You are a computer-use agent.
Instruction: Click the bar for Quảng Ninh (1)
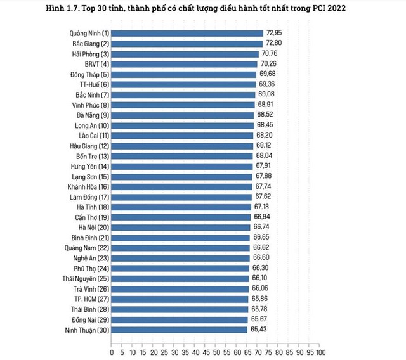(187, 33)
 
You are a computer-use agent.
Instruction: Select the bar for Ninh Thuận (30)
(180, 330)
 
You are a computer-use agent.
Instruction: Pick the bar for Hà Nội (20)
(181, 227)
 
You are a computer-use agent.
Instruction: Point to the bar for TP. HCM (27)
(180, 299)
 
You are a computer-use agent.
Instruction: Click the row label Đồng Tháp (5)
(89, 74)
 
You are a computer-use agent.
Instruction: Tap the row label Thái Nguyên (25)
(86, 278)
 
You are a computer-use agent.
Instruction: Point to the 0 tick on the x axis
(112, 351)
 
